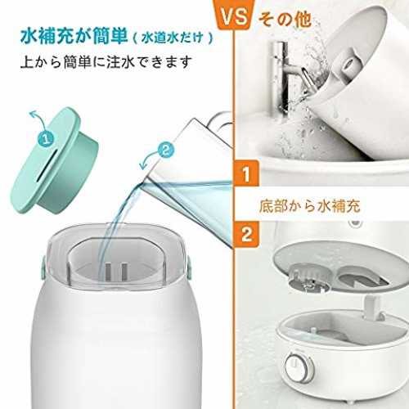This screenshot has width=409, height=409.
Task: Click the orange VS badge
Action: (x=234, y=14)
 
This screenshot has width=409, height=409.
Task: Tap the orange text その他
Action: (x=285, y=19)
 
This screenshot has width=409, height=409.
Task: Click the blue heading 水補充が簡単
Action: (x=74, y=37)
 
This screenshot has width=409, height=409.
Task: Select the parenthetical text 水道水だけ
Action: (x=173, y=38)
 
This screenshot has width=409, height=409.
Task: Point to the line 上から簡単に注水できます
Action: (x=106, y=62)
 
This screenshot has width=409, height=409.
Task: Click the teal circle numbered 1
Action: (x=46, y=139)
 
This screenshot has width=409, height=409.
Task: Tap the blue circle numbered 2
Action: (x=166, y=149)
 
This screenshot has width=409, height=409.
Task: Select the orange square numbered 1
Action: (x=246, y=173)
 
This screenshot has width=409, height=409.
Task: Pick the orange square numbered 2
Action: (x=246, y=234)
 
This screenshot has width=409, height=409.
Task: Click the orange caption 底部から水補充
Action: (x=310, y=206)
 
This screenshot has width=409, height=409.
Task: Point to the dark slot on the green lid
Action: (x=47, y=165)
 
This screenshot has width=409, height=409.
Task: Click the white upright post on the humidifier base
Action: (x=373, y=309)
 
